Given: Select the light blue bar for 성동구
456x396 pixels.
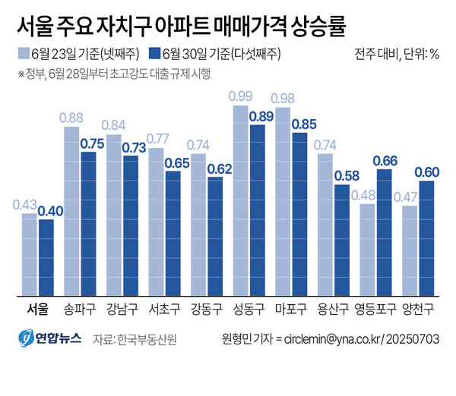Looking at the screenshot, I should click(240, 200).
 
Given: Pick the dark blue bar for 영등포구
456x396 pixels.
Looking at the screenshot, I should click(385, 232).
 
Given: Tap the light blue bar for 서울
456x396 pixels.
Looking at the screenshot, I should click(29, 254).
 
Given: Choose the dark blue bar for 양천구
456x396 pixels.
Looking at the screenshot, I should click(426, 238).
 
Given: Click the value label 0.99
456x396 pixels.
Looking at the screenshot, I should click(240, 96).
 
